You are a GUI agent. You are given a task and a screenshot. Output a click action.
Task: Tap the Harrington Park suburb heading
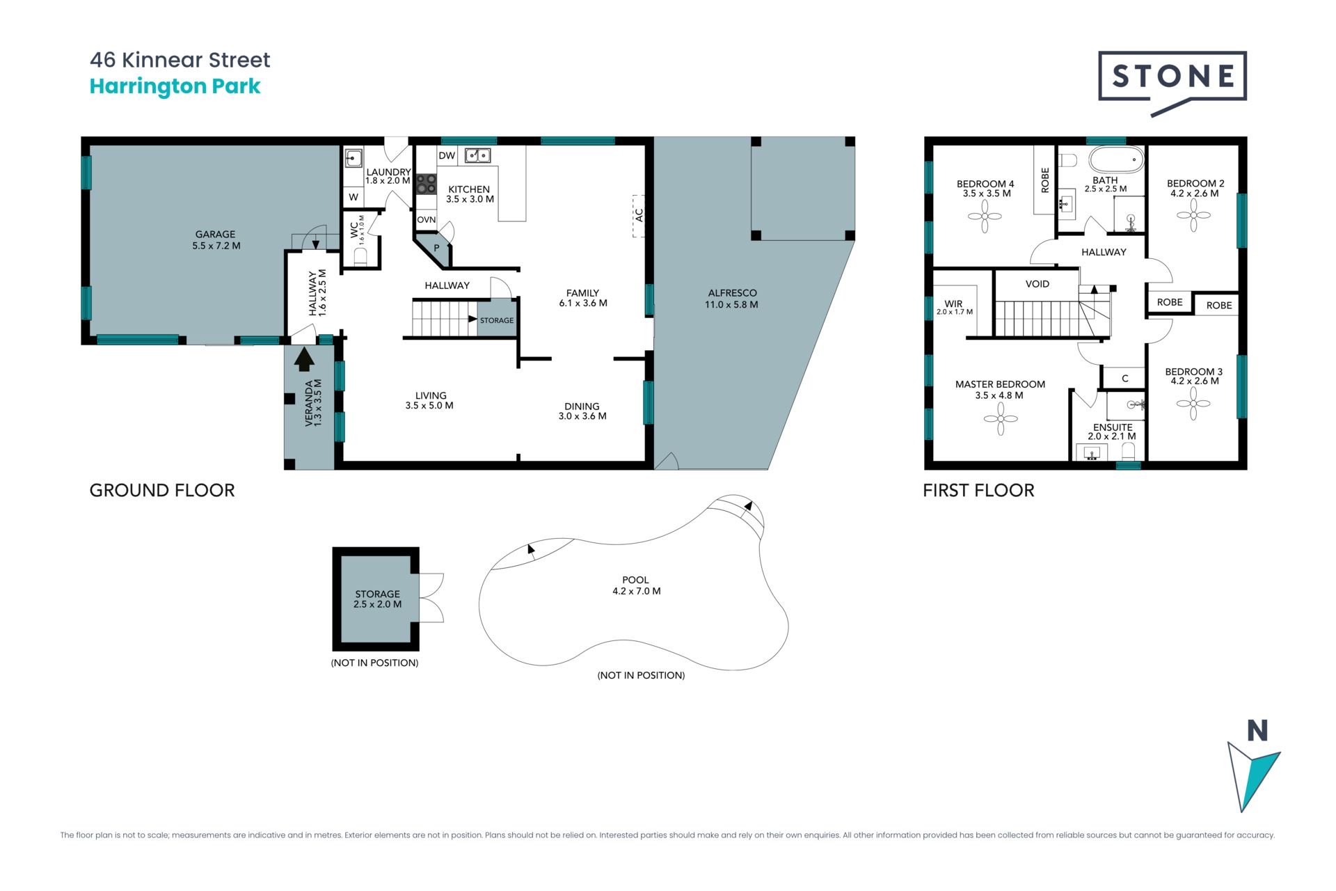175,86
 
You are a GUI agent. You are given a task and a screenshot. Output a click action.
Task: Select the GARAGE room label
215,235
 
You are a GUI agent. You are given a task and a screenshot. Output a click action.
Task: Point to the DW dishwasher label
447,156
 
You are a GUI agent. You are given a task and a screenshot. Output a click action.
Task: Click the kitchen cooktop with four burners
426,184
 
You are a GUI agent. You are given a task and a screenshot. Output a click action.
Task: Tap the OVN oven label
426,220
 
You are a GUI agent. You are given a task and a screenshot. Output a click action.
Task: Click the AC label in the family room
639,215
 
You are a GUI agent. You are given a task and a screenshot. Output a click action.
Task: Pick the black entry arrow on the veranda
304,358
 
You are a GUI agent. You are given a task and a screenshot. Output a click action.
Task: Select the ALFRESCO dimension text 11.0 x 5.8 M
731,304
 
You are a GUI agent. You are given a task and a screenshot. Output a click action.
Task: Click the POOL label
635,580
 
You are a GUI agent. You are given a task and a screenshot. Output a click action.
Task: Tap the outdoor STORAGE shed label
377,594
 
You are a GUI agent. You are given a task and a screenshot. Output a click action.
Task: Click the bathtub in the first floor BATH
1116,159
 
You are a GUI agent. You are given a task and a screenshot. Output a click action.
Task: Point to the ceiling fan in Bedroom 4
985,216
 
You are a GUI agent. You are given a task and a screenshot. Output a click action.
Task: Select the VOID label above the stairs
1037,284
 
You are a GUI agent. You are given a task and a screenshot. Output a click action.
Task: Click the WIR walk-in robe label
953,303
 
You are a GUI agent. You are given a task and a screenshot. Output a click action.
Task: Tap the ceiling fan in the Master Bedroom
1001,419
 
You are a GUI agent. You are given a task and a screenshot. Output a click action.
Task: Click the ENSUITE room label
1113,427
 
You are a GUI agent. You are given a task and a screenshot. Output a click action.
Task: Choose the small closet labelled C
1124,379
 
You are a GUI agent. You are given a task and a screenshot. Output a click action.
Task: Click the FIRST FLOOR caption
978,491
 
